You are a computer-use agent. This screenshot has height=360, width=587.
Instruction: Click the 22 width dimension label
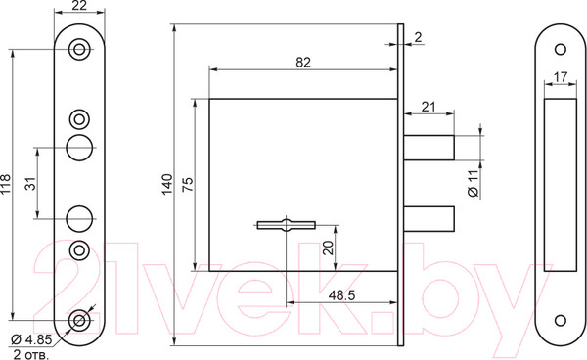(79, 5)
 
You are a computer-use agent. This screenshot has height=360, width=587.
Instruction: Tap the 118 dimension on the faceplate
(5, 184)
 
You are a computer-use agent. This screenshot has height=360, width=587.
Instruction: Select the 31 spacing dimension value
(31, 183)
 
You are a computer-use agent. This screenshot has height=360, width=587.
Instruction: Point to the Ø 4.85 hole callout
(31, 339)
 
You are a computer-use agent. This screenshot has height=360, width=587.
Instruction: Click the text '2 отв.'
(31, 354)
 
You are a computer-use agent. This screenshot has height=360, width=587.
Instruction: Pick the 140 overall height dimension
(167, 184)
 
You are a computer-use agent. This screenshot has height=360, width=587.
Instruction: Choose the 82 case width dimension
(303, 63)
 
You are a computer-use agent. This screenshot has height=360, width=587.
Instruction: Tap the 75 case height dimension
(188, 184)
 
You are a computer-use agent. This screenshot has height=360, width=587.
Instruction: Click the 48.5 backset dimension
(341, 295)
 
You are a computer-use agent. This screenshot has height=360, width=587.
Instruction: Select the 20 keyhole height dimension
(328, 247)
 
